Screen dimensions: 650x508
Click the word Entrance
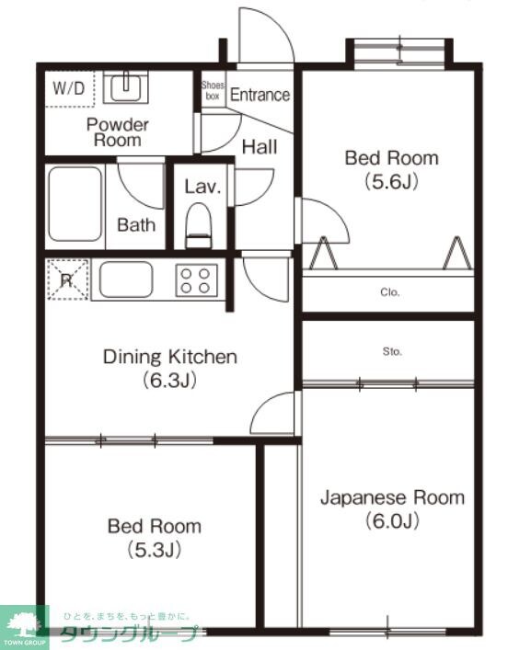pyautogui.click(x=260, y=95)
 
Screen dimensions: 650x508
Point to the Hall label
pyautogui.click(x=260, y=146)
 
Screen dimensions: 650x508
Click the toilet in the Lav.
pyautogui.click(x=199, y=222)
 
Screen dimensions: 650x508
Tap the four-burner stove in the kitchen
pyautogui.click(x=196, y=279)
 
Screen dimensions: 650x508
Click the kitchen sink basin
pyautogui.click(x=126, y=279)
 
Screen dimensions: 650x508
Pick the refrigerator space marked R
pyautogui.click(x=67, y=279)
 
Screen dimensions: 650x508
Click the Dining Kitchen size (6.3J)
pyautogui.click(x=169, y=379)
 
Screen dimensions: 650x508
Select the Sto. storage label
pyautogui.click(x=389, y=350)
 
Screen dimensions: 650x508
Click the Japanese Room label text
pyautogui.click(x=392, y=497)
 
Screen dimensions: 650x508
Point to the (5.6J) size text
pyautogui.click(x=391, y=181)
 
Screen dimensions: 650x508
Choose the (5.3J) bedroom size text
pyautogui.click(x=154, y=550)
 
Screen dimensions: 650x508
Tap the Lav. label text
pyautogui.click(x=202, y=187)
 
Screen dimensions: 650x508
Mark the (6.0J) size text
pyautogui.click(x=392, y=521)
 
